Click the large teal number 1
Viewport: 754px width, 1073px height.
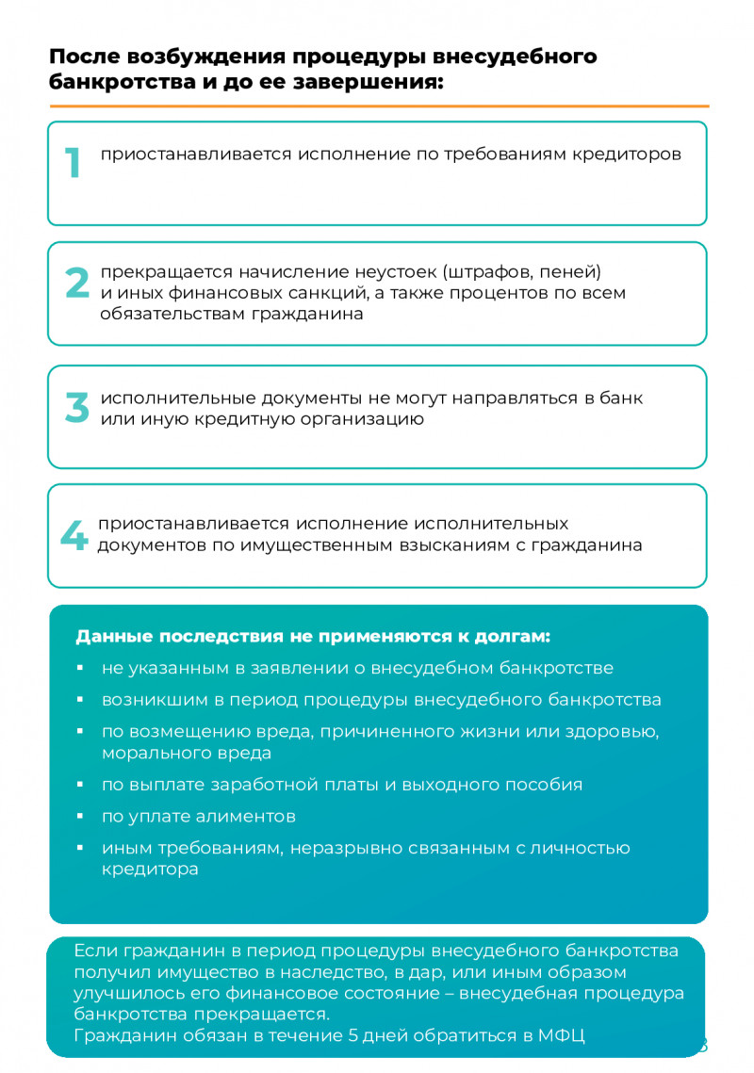tap(73, 164)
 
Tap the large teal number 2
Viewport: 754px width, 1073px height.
tap(76, 284)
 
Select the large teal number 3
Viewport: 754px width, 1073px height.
tap(76, 407)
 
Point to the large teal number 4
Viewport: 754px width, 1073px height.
tap(74, 536)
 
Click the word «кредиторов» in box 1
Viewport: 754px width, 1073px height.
tap(627, 154)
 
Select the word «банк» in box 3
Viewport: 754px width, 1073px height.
tap(623, 398)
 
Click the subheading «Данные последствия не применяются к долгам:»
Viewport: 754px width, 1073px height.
tap(312, 636)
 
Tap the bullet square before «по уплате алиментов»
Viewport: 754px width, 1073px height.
tap(80, 817)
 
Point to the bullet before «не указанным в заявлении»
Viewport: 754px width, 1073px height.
tap(80, 669)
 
